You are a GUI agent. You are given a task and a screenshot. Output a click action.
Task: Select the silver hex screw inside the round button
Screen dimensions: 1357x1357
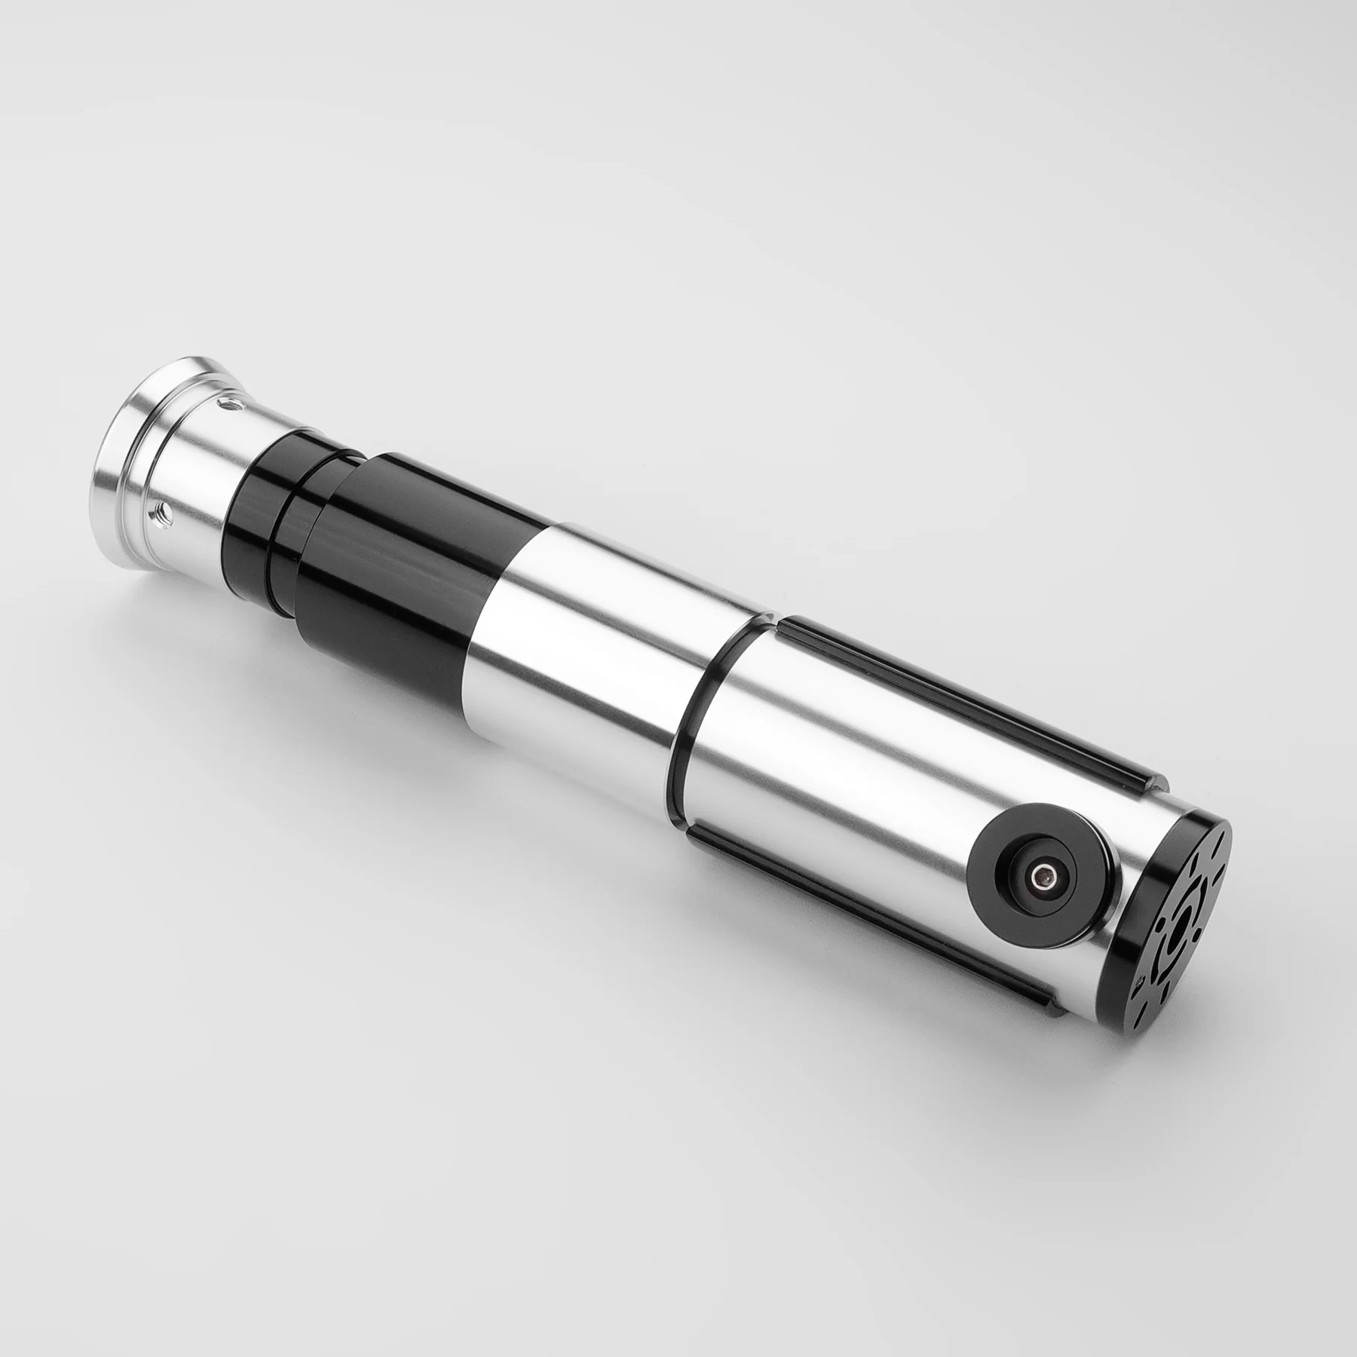(1042, 877)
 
